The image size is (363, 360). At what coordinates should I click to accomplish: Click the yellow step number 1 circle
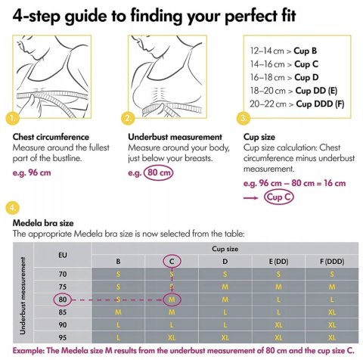point(12,118)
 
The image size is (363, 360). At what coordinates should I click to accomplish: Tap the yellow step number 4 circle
point(12,208)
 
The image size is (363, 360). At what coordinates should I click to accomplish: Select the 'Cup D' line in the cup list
point(284,77)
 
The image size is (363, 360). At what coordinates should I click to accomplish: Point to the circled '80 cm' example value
point(158,172)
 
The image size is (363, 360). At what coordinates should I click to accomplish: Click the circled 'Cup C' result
point(279,197)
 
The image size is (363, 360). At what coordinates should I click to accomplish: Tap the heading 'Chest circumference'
point(51,137)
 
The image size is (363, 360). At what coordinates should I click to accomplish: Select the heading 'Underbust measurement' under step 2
point(175,137)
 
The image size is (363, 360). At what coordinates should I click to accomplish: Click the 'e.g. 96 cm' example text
point(32,172)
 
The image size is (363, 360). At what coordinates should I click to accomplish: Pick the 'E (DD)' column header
point(278,262)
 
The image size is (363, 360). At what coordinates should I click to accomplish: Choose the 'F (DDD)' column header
point(332,262)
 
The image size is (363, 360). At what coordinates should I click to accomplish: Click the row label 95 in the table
point(63,337)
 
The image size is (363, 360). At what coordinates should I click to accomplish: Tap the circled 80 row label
point(63,299)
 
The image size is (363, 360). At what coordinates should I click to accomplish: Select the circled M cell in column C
point(172,299)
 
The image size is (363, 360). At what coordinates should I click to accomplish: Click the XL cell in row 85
point(332,312)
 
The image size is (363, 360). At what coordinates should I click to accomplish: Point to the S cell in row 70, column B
point(118,274)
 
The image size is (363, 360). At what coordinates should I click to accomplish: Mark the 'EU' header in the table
point(63,255)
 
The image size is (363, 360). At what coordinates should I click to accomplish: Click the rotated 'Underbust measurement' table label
point(23,296)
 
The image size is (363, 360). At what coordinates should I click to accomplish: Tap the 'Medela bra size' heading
point(43,223)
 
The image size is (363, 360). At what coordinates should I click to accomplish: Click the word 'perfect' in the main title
point(250,16)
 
